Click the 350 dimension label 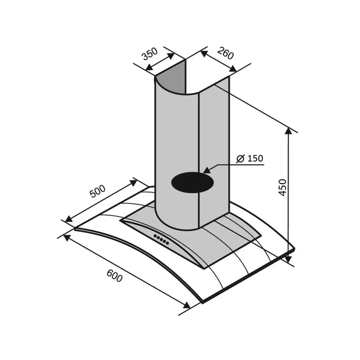pyautogui.click(x=150, y=54)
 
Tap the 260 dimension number pyautogui.click(x=226, y=53)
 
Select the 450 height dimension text pyautogui.click(x=282, y=187)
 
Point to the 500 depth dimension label pyautogui.click(x=98, y=191)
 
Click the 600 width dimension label pyautogui.click(x=114, y=275)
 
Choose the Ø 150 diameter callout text pyautogui.click(x=250, y=158)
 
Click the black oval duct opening pyautogui.click(x=193, y=182)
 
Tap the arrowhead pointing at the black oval pyautogui.click(x=207, y=170)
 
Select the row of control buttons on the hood pyautogui.click(x=161, y=239)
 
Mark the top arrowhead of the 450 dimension pyautogui.click(x=288, y=131)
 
